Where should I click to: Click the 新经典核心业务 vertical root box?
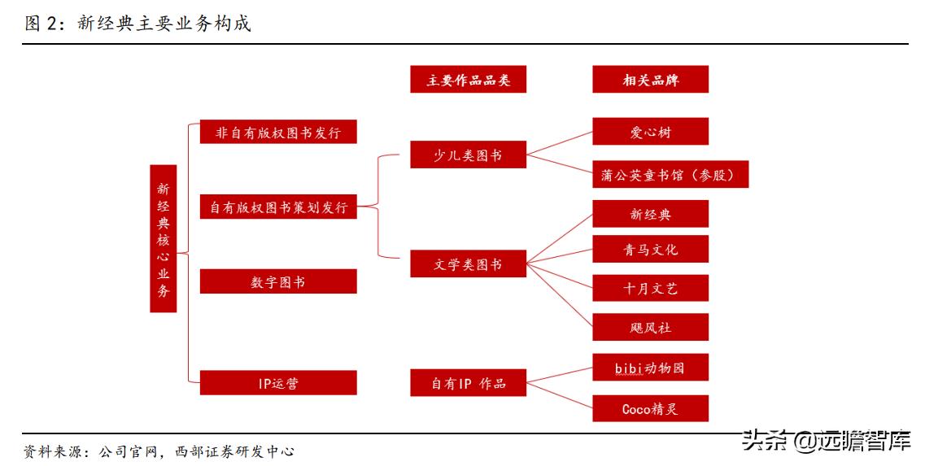click(164, 238)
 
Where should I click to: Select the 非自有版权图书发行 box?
click(278, 132)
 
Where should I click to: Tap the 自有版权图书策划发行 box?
click(278, 207)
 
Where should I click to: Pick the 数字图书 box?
click(278, 282)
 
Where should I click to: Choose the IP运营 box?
click(278, 382)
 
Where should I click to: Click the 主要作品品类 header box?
click(468, 80)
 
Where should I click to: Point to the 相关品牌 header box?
click(650, 80)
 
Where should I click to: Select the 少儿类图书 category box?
click(468, 155)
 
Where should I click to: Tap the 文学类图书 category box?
click(468, 264)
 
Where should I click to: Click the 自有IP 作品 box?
click(468, 383)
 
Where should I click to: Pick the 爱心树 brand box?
click(650, 132)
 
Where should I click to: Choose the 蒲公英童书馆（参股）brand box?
click(670, 175)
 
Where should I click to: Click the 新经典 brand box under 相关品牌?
click(650, 214)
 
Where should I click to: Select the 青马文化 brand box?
click(650, 250)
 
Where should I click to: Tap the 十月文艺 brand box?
click(650, 288)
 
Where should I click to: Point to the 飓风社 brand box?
click(650, 327)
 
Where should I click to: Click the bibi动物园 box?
click(650, 368)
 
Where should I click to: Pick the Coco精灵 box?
click(650, 408)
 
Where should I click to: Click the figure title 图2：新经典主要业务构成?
click(137, 24)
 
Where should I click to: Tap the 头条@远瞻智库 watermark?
click(826, 442)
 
